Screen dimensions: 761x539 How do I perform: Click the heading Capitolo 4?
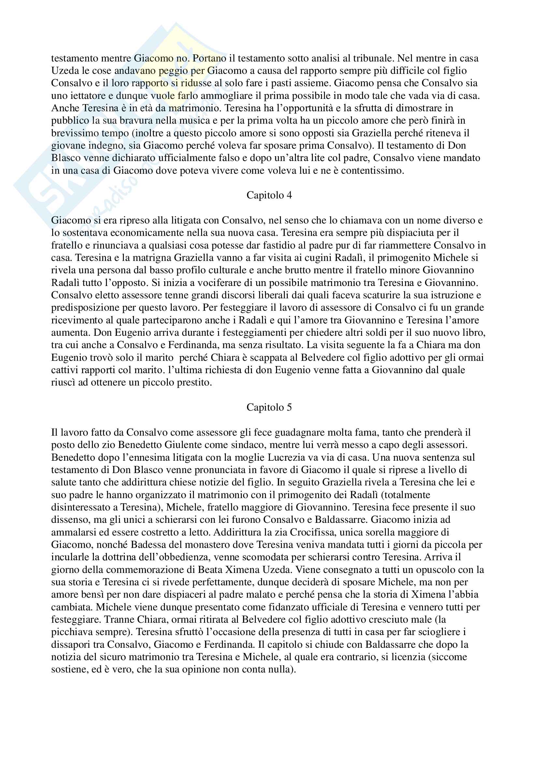[269, 195]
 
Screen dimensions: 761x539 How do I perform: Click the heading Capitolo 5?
[269, 407]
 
